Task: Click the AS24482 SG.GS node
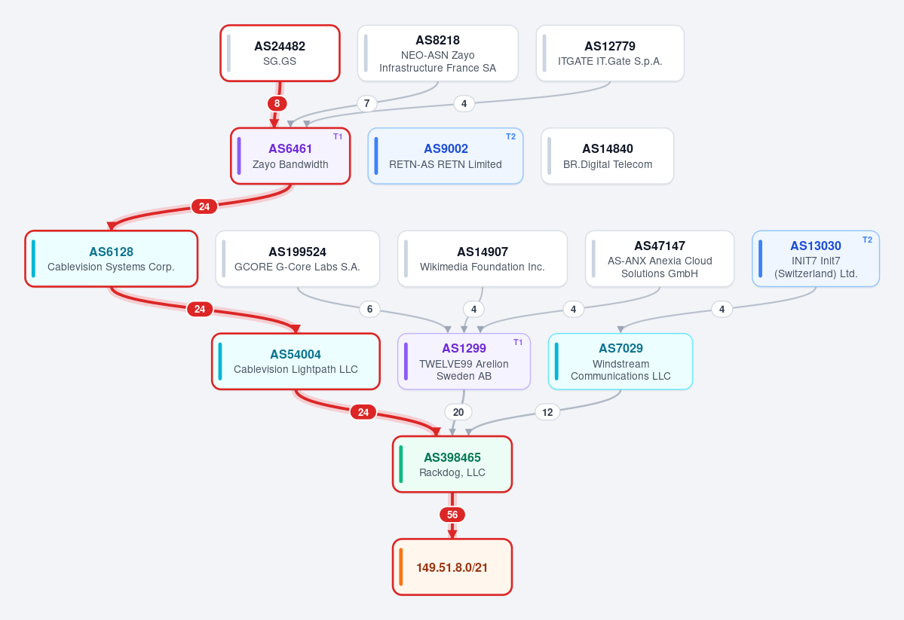click(x=280, y=53)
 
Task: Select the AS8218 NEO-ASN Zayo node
click(x=437, y=53)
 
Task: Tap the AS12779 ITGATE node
click(x=610, y=53)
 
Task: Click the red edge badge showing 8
click(x=277, y=104)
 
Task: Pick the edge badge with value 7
click(x=366, y=104)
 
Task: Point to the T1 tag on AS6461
click(x=338, y=136)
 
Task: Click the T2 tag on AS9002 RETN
click(x=510, y=136)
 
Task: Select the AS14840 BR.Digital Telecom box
click(x=608, y=156)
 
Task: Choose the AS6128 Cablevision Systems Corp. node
click(x=112, y=258)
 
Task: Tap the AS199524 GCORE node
click(x=298, y=258)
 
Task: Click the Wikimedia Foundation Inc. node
click(x=483, y=258)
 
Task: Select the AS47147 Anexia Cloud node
click(x=660, y=258)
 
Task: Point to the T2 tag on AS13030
click(x=867, y=240)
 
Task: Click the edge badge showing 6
click(x=369, y=310)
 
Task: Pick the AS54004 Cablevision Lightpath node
click(x=296, y=362)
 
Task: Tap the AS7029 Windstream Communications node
click(x=621, y=362)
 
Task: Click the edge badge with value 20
click(x=458, y=412)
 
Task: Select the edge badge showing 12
click(x=547, y=412)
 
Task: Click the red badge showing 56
click(x=452, y=515)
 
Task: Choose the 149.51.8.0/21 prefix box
click(x=452, y=567)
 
